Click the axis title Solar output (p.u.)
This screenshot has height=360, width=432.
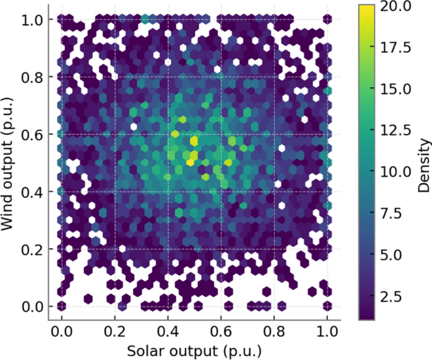click(x=194, y=350)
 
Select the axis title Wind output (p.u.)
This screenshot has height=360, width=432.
click(x=11, y=163)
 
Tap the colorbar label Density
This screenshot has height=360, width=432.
click(x=422, y=163)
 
